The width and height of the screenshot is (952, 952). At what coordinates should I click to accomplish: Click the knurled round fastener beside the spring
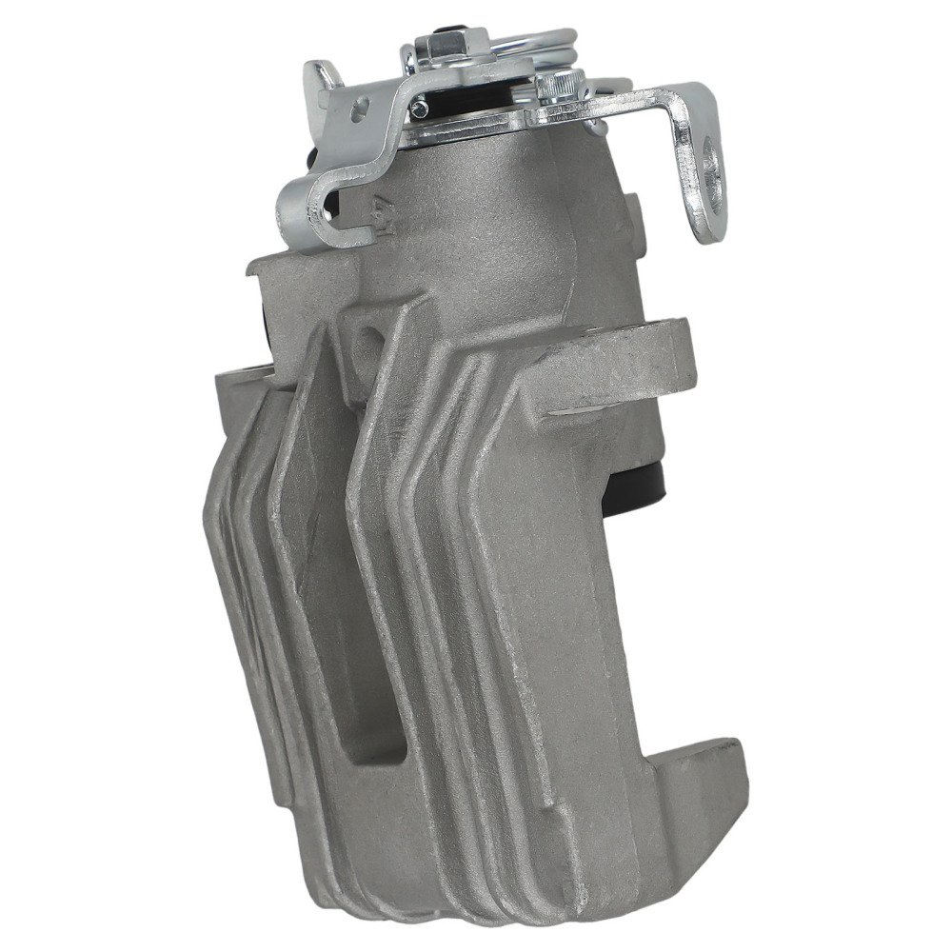pyautogui.click(x=562, y=89)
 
